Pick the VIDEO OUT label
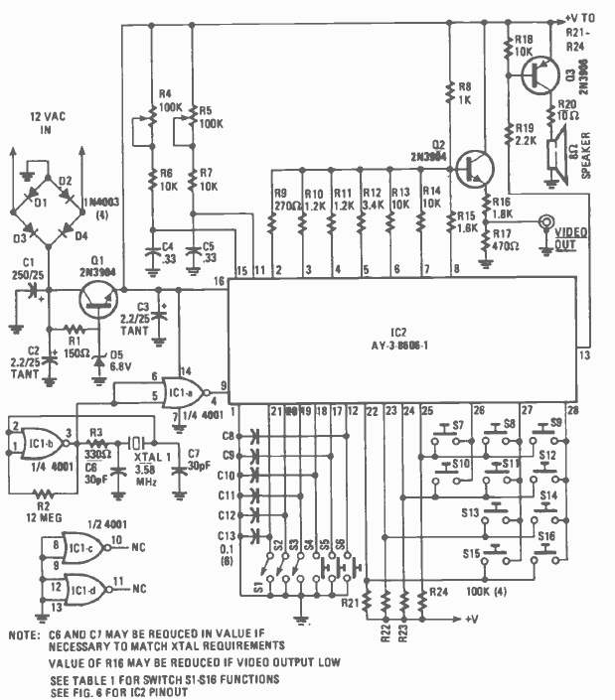569,237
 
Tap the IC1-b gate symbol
40,434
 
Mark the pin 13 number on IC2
584,354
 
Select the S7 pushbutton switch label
458,425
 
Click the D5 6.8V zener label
120,355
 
